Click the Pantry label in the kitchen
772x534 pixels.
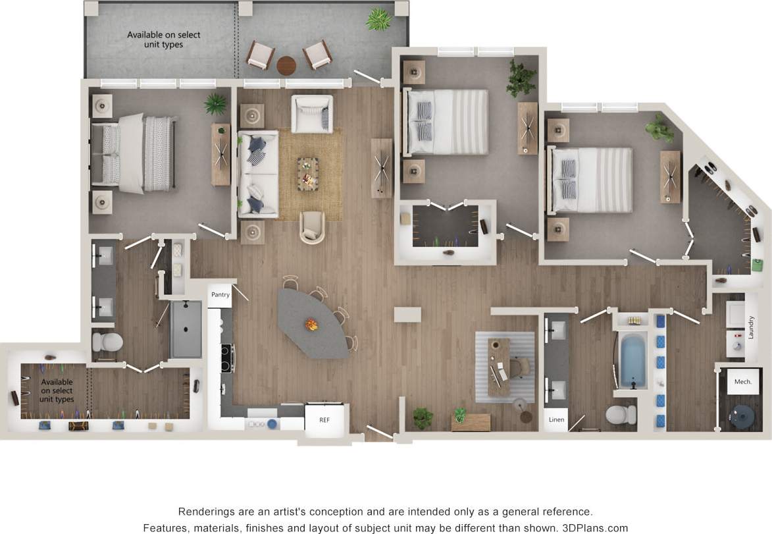tap(220, 295)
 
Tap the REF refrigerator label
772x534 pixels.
tap(324, 419)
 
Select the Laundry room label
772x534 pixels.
tap(750, 327)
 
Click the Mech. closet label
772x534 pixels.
tap(743, 382)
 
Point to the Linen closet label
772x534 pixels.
tap(556, 419)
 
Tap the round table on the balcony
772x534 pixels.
tap(286, 65)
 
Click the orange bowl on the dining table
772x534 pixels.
tap(311, 325)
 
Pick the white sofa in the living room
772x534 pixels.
tap(257, 174)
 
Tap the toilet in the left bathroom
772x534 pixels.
tap(107, 342)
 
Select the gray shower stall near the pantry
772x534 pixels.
tap(186, 329)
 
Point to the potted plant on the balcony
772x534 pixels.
tap(378, 20)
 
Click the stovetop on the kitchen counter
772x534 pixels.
tap(228, 359)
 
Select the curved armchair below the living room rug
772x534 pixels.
tap(313, 227)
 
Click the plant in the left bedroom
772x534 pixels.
tap(215, 104)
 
